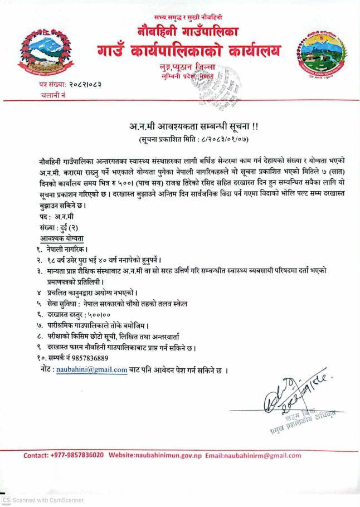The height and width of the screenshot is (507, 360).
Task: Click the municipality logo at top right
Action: coord(319,55)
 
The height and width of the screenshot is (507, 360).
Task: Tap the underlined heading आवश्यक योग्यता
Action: coord(62,238)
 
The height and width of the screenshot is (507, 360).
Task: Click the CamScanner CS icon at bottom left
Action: coord(6,500)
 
